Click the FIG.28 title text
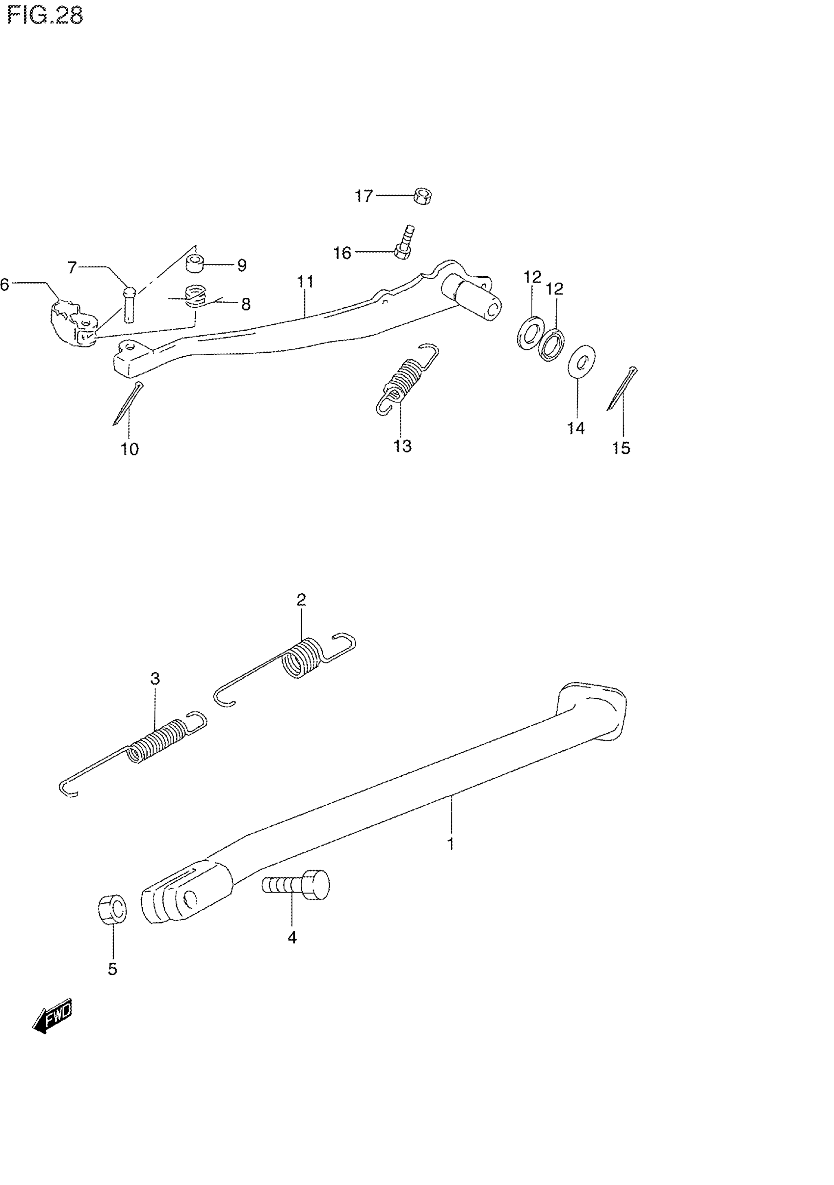tap(46, 16)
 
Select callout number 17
tap(364, 196)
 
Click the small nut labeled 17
tap(423, 197)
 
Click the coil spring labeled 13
tap(408, 379)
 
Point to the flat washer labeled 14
tap(581, 360)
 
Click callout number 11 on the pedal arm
tap(305, 282)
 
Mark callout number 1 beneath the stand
tap(450, 844)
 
